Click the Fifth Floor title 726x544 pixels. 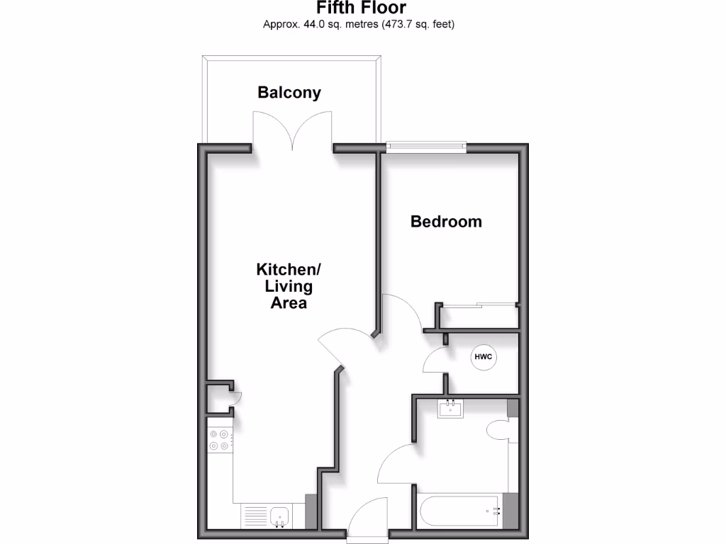pyautogui.click(x=362, y=8)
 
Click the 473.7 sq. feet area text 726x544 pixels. pyautogui.click(x=417, y=25)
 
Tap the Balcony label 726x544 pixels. pyautogui.click(x=289, y=92)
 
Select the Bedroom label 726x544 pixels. pyautogui.click(x=446, y=222)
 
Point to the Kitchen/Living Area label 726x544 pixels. pyautogui.click(x=289, y=286)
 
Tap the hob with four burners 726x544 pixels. pyautogui.click(x=219, y=441)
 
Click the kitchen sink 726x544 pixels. pyautogui.click(x=278, y=515)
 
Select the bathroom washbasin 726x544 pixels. pyautogui.click(x=450, y=409)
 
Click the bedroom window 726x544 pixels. pyautogui.click(x=426, y=147)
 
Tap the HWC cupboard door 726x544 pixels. pyautogui.click(x=434, y=360)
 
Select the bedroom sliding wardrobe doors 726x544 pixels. pyautogui.click(x=479, y=305)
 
